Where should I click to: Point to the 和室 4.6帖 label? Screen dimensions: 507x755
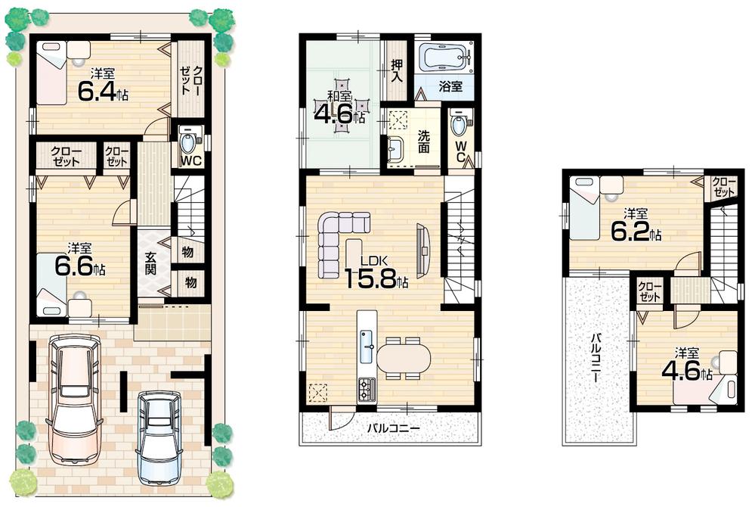[x=339, y=110]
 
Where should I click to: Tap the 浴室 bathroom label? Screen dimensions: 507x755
[x=450, y=87]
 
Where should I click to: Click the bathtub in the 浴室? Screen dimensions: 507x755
[x=444, y=57]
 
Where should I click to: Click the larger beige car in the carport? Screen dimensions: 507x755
[x=73, y=397]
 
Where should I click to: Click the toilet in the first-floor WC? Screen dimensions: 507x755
[x=189, y=141]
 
